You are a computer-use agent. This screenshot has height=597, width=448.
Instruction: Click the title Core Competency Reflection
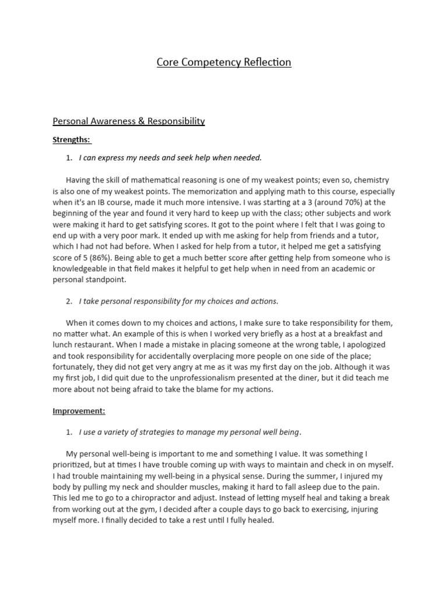tap(223, 62)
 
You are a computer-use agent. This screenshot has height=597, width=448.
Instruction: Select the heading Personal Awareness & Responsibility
tap(129, 121)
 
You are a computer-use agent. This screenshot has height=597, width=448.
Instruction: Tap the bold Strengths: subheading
tap(72, 140)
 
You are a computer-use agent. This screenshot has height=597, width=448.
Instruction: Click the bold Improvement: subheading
tap(79, 410)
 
